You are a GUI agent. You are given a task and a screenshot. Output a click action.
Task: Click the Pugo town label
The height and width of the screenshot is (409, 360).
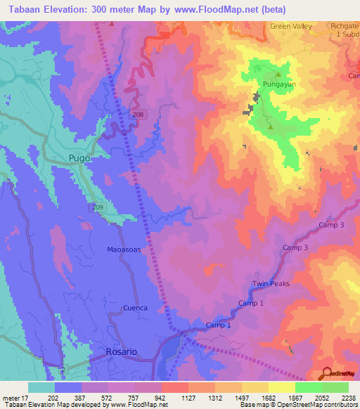pos(79,158)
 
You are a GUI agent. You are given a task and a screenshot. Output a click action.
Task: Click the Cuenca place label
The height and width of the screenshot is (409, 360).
pos(135,308)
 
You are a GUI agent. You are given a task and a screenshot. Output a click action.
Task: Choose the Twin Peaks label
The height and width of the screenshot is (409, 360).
pos(271,284)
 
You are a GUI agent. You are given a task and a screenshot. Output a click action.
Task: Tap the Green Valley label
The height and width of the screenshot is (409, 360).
pos(291,26)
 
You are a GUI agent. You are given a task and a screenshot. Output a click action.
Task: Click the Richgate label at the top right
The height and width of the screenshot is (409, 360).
pos(344,26)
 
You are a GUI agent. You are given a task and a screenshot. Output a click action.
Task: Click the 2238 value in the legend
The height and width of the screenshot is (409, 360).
pos(347,398)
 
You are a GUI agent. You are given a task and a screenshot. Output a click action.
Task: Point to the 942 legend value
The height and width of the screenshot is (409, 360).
pos(160,398)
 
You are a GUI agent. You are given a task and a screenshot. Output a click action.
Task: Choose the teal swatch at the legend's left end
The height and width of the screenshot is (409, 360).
pos(41,387)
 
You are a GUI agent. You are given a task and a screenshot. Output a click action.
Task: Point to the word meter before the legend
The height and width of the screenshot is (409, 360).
pos(11,398)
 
